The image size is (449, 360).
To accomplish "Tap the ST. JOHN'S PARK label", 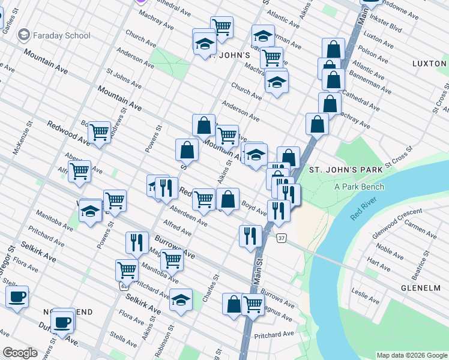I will [346, 170].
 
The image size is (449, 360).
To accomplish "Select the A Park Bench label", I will [359, 186].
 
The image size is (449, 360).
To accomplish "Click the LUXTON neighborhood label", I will [429, 63].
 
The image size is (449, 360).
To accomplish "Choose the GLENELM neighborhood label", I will [421, 288].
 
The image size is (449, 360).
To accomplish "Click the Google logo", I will [20, 353].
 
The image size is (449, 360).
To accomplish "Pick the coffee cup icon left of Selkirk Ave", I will [17, 296].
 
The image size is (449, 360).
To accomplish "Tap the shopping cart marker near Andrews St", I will [99, 132].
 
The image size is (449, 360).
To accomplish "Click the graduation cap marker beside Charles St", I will [181, 300].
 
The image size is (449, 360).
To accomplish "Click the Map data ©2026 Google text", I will [411, 355].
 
